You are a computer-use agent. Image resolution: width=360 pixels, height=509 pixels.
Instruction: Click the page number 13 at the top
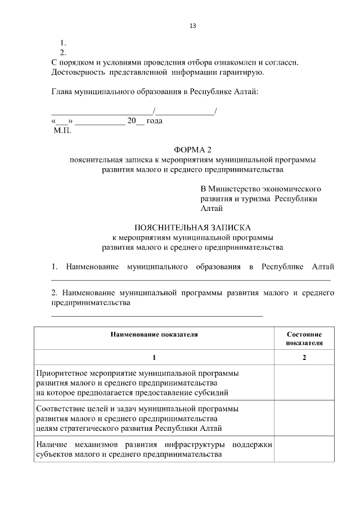tap(193, 26)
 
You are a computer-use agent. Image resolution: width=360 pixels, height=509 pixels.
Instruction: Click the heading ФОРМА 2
tap(193, 149)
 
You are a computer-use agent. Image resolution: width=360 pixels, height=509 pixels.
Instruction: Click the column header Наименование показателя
tap(154, 334)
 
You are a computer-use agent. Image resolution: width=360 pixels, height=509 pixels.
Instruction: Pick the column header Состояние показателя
tap(304, 337)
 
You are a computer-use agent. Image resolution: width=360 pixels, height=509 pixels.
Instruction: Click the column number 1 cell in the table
tap(154, 358)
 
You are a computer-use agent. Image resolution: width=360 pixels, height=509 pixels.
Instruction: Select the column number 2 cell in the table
tap(304, 358)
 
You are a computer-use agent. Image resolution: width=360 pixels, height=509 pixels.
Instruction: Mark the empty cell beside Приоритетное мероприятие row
tap(304, 382)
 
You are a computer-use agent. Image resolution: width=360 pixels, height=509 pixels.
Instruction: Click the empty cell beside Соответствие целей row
tap(304, 418)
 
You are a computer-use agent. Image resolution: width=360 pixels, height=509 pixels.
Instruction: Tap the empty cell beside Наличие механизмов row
tap(304, 449)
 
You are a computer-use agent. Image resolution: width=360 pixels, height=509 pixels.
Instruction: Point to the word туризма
tap(256, 199)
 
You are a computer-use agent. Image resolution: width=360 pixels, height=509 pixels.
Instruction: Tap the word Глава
tap(62, 92)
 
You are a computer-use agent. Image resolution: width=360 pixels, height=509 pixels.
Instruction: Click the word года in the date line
tap(154, 120)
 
